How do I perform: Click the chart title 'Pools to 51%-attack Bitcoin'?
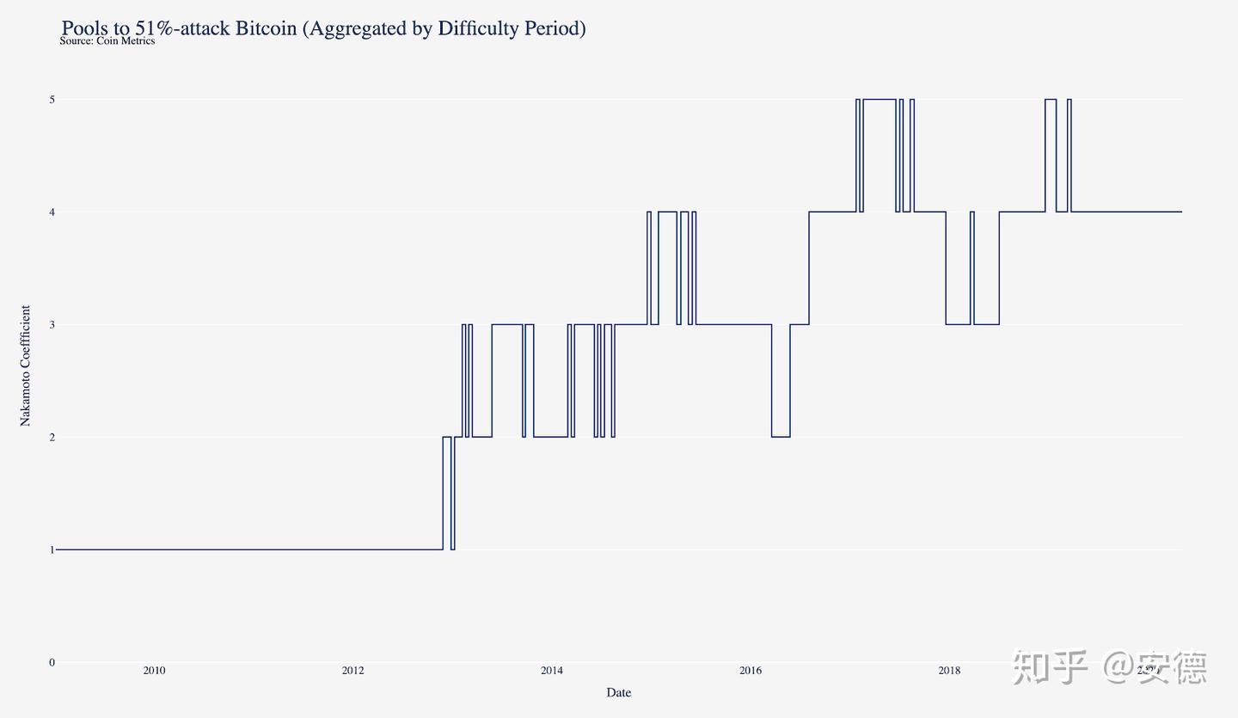tap(323, 28)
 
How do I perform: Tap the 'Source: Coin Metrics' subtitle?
tap(107, 41)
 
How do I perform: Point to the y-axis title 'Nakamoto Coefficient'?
tap(26, 365)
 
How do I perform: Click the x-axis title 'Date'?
tap(618, 692)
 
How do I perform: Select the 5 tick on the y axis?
tap(52, 100)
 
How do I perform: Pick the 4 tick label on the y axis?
tap(52, 212)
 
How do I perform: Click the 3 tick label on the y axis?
tap(52, 324)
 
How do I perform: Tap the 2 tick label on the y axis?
tap(52, 437)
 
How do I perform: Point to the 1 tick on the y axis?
tap(52, 549)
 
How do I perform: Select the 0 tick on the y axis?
tap(52, 662)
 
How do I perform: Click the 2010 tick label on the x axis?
tap(154, 671)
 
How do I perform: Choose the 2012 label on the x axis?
tap(352, 671)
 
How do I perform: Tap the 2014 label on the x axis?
tap(552, 671)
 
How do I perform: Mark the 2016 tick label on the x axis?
tap(751, 671)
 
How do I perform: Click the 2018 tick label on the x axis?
tap(949, 671)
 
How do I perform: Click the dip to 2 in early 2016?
tap(781, 437)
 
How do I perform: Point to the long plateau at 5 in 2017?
tap(879, 100)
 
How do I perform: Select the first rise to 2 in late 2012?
tap(447, 437)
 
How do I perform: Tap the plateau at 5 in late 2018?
tap(1051, 100)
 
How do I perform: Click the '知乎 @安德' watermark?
tap(1109, 667)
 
